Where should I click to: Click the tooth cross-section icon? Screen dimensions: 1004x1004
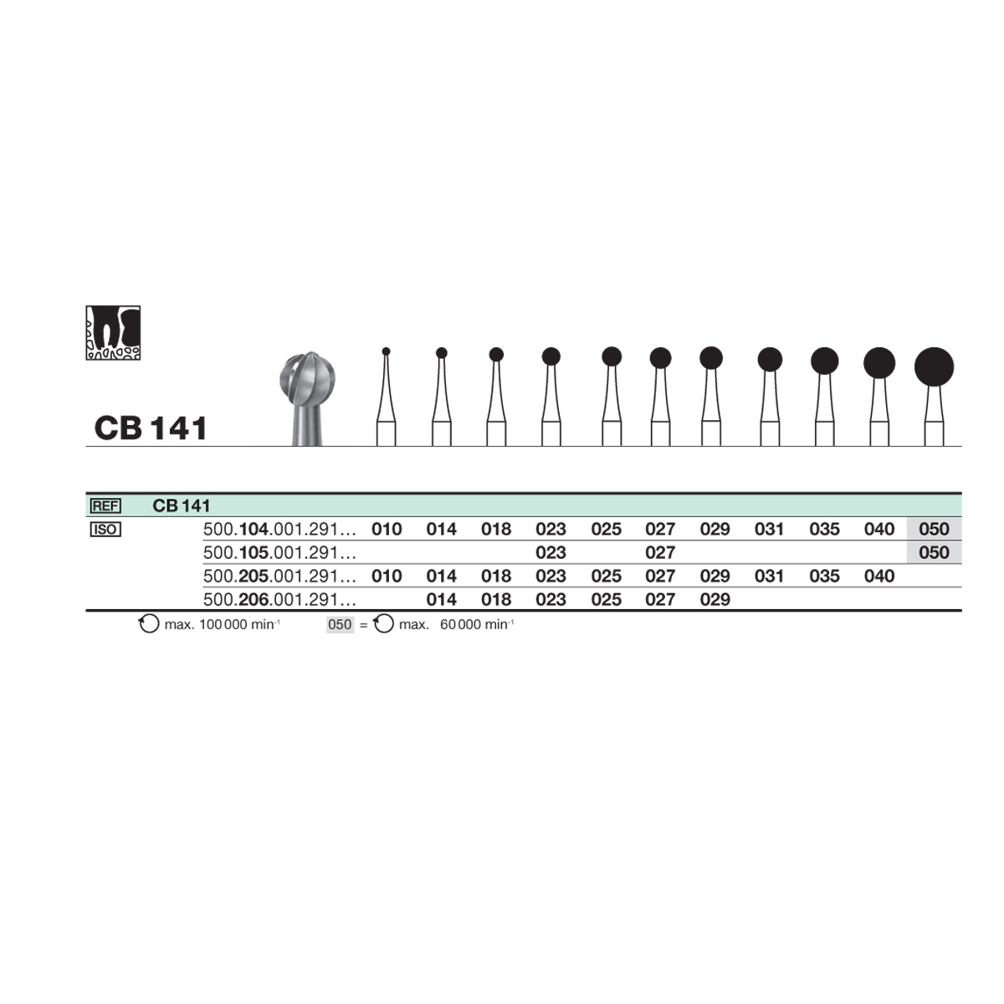click(113, 332)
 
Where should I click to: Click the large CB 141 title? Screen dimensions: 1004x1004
click(151, 428)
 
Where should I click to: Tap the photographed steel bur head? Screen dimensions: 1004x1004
click(307, 378)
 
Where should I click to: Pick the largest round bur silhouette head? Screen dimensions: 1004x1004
click(935, 366)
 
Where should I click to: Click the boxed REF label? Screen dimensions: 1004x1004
click(105, 505)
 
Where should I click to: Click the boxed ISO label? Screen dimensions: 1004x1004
click(105, 530)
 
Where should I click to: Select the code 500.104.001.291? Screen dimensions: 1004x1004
click(279, 530)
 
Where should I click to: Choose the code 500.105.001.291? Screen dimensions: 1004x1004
click(279, 553)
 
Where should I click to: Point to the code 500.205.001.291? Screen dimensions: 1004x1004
click(279, 576)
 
